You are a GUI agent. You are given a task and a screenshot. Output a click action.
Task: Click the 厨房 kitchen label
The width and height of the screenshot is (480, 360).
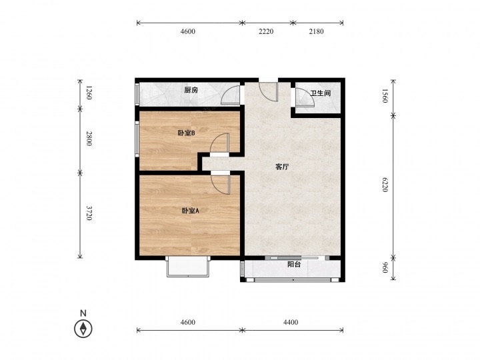(x=191, y=90)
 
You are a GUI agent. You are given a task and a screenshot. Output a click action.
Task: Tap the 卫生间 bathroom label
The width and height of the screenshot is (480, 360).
(x=320, y=93)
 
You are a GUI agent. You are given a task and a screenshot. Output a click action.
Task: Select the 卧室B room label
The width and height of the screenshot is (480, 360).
(x=187, y=133)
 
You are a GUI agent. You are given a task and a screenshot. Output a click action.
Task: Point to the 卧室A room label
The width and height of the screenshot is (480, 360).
(x=191, y=211)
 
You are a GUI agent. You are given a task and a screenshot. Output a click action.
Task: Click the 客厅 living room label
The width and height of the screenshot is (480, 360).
(x=282, y=167)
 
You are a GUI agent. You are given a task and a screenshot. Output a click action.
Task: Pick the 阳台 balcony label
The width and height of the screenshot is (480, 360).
(x=294, y=265)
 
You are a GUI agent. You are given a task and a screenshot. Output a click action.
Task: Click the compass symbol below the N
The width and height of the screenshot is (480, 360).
(x=83, y=329)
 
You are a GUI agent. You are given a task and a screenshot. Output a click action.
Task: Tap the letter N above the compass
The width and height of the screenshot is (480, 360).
(x=83, y=313)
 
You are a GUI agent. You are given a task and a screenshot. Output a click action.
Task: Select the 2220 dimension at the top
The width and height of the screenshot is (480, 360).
(x=266, y=31)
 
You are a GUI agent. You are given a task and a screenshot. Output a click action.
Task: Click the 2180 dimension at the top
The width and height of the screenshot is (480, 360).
(x=316, y=31)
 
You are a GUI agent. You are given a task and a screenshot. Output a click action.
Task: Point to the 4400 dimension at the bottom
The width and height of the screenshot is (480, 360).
(x=291, y=322)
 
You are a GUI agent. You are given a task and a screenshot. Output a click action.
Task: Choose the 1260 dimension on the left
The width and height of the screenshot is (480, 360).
(x=89, y=93)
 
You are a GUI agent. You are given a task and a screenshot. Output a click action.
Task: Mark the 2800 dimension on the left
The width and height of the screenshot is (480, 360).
(x=89, y=139)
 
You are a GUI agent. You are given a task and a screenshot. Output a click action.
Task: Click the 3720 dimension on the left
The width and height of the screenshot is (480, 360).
(x=89, y=213)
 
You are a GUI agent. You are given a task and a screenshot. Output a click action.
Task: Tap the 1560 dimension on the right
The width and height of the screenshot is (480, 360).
(x=385, y=96)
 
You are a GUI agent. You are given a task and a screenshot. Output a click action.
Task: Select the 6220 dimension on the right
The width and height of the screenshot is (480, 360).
(x=385, y=185)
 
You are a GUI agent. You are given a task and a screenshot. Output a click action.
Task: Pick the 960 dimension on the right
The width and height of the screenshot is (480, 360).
(x=385, y=267)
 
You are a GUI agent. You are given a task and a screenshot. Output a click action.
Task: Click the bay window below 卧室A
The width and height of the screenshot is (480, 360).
(x=188, y=266)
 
